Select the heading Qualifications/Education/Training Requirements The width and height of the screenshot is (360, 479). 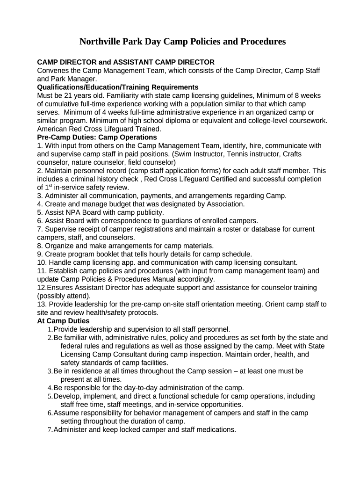118,87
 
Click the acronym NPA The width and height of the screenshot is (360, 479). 74,212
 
